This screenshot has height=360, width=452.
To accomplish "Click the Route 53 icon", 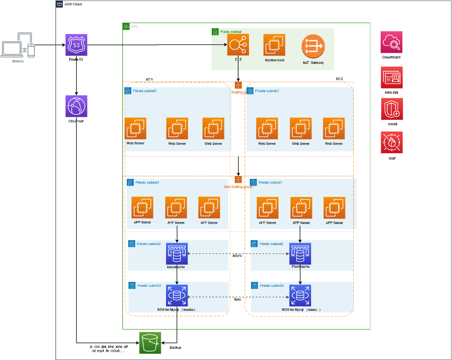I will coord(77,45).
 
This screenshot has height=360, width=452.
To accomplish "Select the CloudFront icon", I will coord(76,106).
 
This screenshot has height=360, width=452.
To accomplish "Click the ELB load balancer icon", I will coord(238,45).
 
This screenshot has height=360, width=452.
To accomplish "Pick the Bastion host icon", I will coord(274,45).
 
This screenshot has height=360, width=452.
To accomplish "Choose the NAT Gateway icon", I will coord(312,46).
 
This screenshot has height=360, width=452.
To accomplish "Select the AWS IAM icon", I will coord(392,78).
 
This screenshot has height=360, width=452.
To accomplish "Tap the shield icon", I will coord(392,109).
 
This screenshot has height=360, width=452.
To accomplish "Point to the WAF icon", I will coord(392,143).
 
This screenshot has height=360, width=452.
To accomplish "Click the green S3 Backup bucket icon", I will coord(150,343).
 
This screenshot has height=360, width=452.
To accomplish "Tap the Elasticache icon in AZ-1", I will coord(177,253).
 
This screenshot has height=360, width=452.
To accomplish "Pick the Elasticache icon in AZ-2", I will coord(300,253).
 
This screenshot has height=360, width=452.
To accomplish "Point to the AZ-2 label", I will coord(339,79).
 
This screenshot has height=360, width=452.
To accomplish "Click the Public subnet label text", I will coord(231,31).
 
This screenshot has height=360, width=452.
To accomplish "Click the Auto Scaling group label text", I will coord(238,187).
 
